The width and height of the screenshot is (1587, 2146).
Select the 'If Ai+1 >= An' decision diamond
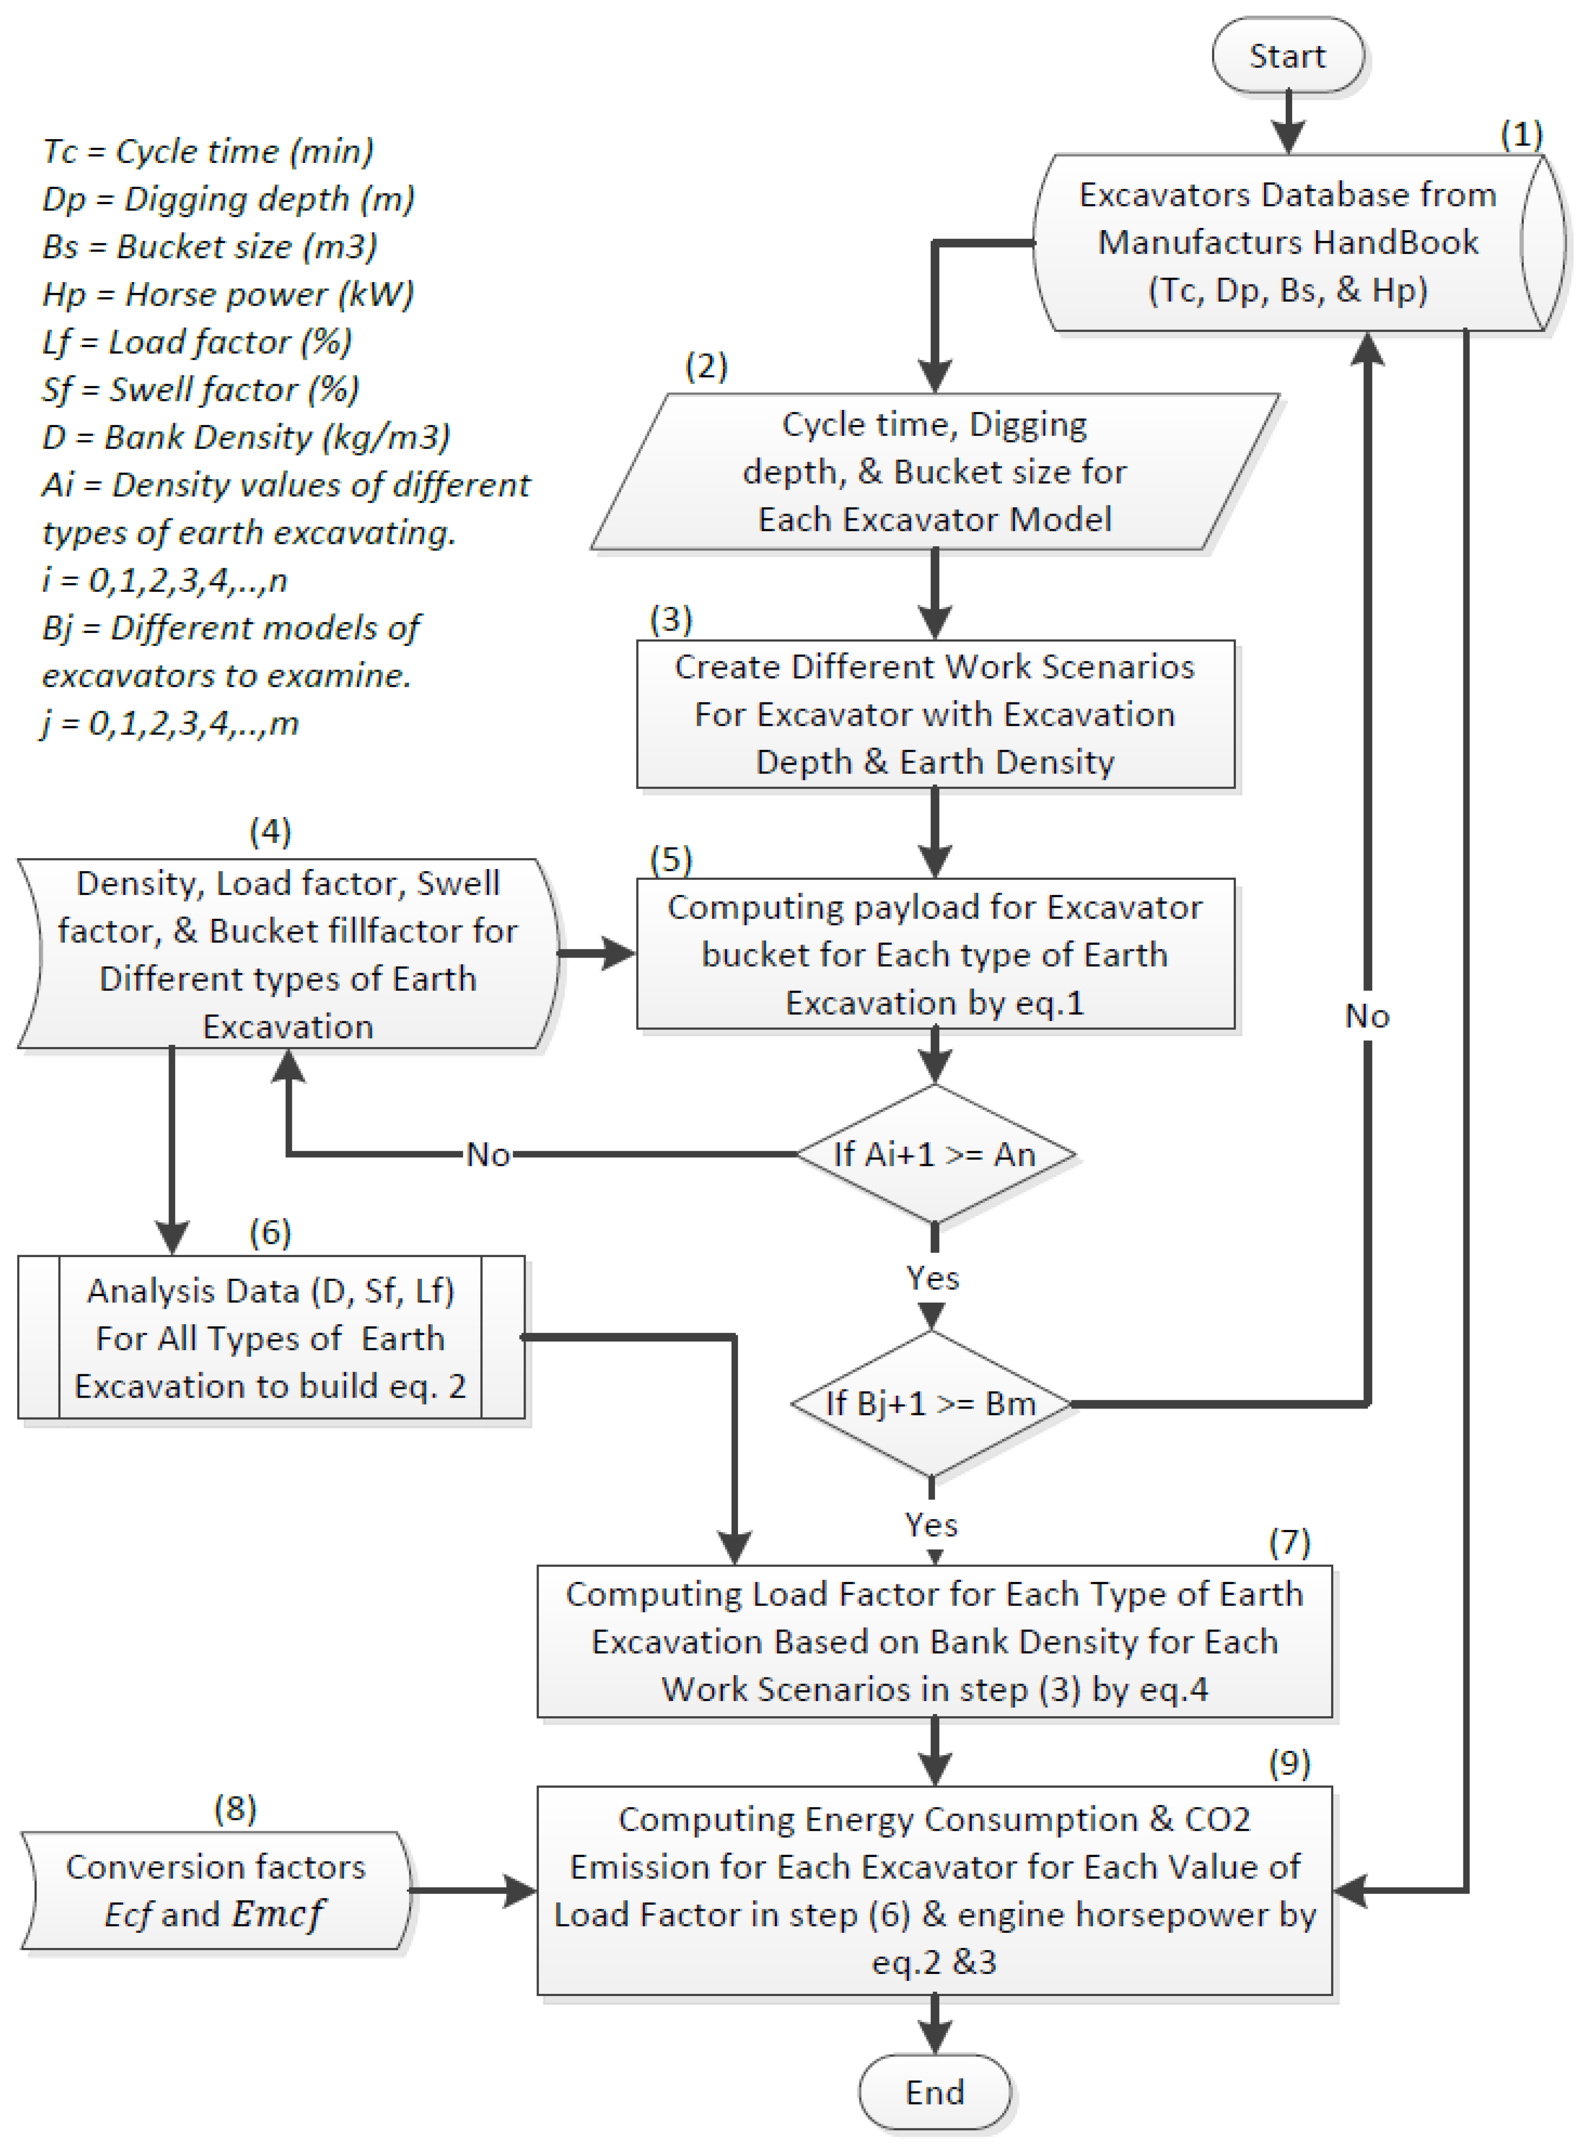point(935,1154)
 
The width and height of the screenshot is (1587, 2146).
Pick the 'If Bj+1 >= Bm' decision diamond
point(931,1403)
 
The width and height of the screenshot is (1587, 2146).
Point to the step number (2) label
point(706,366)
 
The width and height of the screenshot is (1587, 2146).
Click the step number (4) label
point(270,831)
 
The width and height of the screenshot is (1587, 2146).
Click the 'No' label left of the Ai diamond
point(488,1154)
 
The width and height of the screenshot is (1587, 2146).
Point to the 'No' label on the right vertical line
point(1367,1016)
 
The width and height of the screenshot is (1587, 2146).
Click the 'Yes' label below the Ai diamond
point(933,1277)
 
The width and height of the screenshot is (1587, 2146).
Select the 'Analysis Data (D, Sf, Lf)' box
point(271,1337)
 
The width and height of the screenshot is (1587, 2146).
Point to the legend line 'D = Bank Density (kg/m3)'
point(246,437)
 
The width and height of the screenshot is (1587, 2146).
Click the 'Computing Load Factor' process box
point(935,1641)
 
